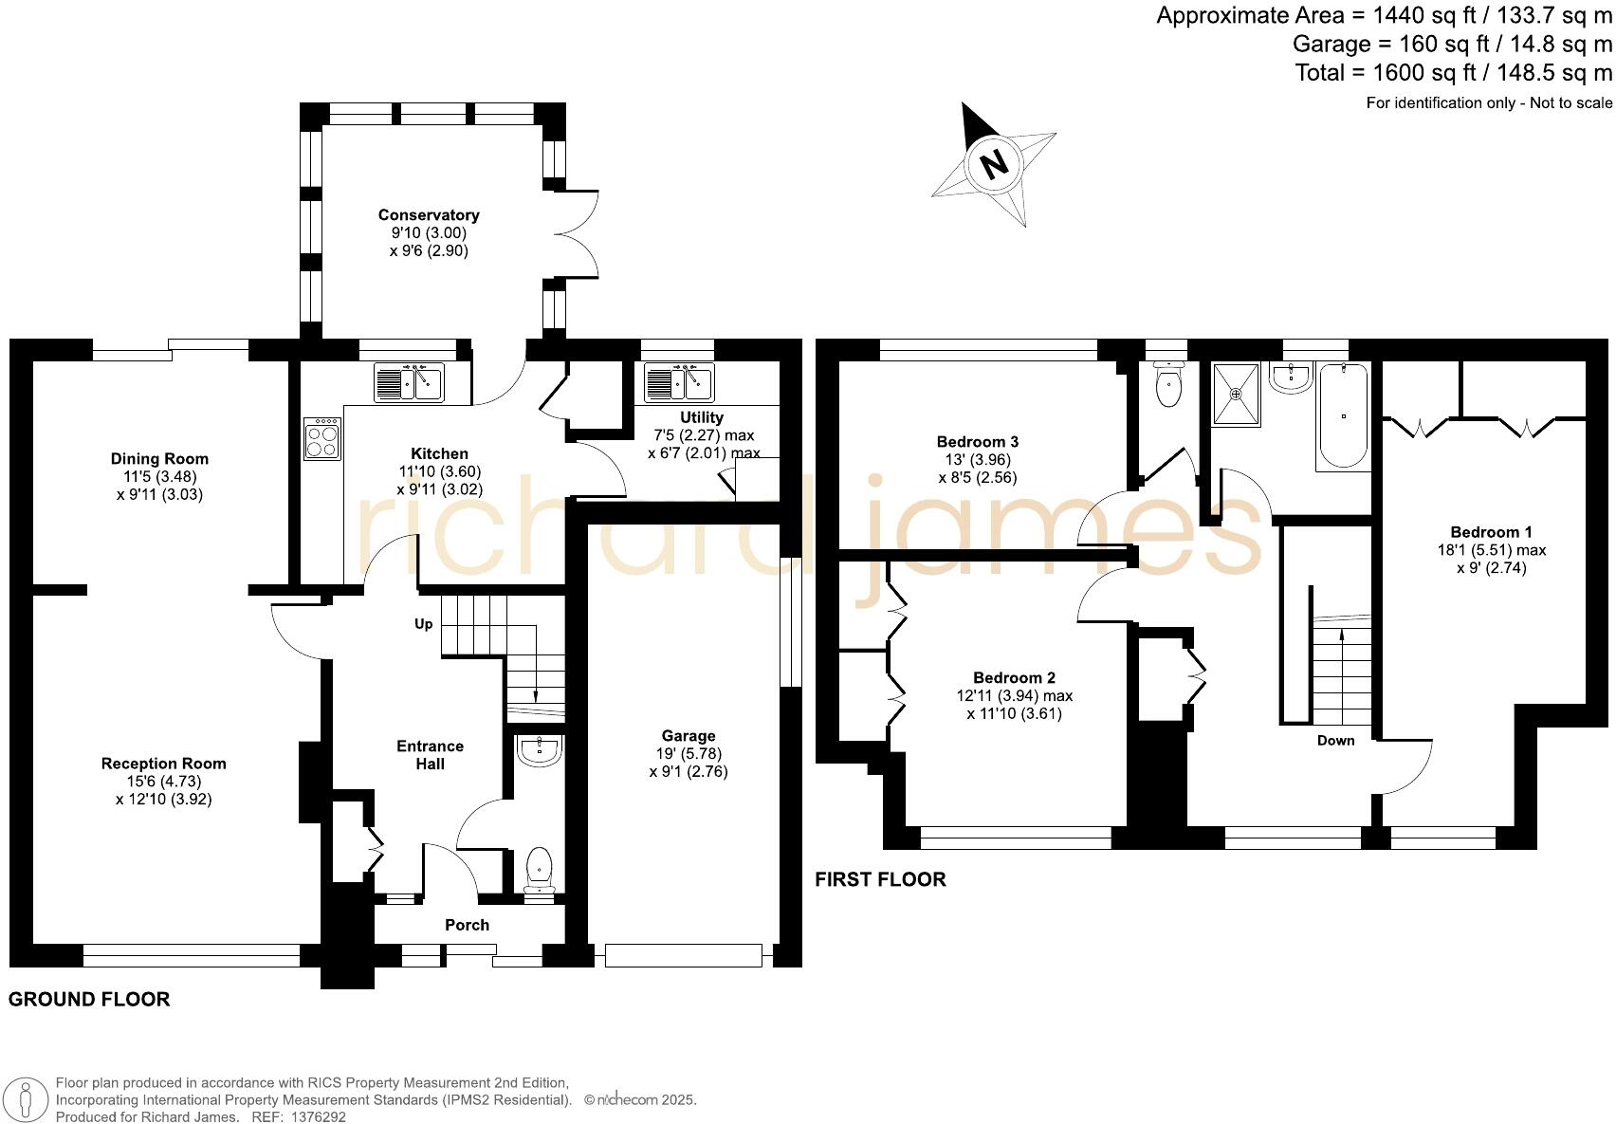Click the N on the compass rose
993,165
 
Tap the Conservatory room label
429,215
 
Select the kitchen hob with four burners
322,439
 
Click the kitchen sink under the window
409,382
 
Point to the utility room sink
679,382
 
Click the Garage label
689,736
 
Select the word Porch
468,925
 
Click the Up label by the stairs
423,624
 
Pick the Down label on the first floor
1335,741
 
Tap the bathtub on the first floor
1343,416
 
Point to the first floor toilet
1168,383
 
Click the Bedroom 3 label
977,442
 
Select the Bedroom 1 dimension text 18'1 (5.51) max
1491,550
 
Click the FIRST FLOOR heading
880,879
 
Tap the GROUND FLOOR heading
89,999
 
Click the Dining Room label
159,459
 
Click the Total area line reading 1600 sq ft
1453,73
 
